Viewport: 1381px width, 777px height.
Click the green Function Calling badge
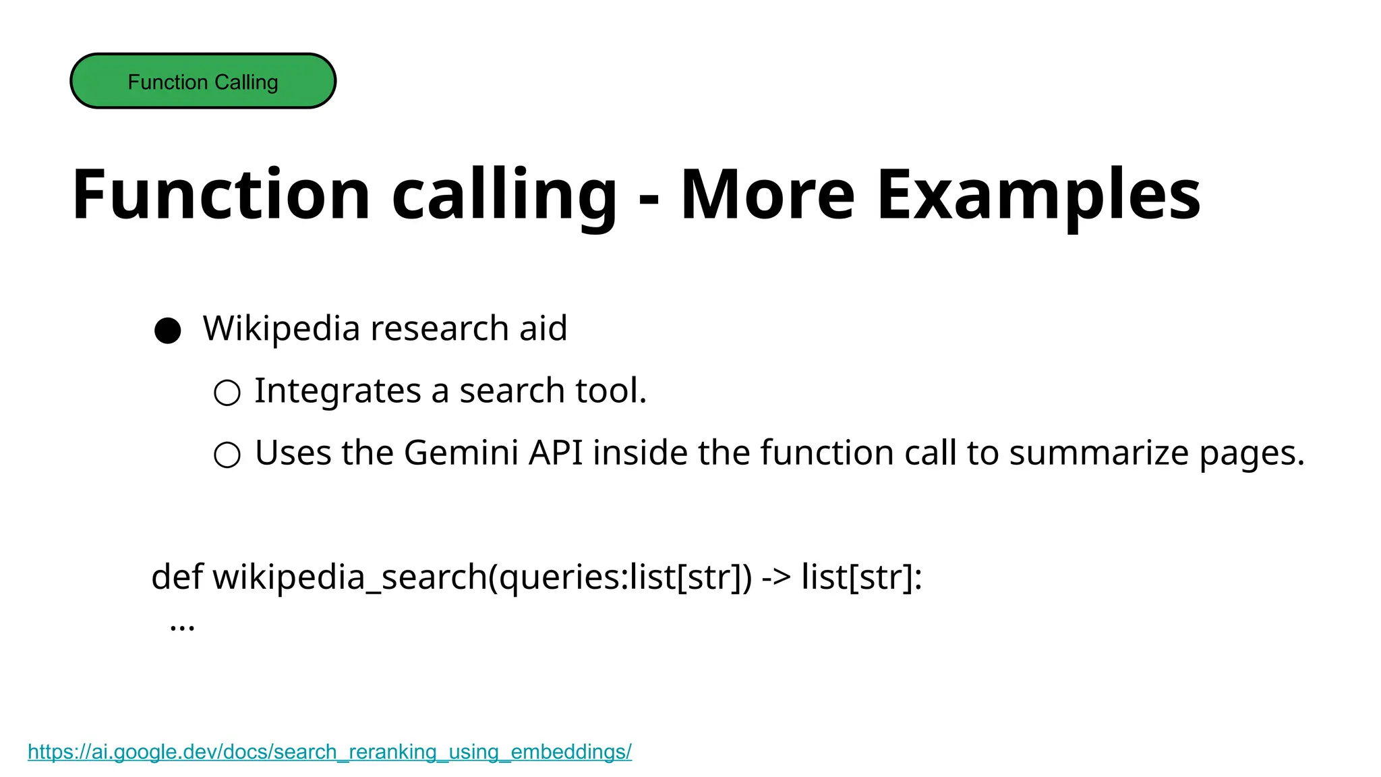(x=203, y=81)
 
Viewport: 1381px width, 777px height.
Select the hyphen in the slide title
(x=649, y=200)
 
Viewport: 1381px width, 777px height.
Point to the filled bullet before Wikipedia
(x=168, y=330)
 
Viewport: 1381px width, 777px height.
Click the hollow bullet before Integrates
(x=227, y=393)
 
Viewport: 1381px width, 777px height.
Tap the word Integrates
(x=338, y=391)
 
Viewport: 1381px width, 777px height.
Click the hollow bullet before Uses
(x=227, y=455)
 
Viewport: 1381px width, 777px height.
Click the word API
(x=556, y=453)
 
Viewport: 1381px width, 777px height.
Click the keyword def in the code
(x=177, y=577)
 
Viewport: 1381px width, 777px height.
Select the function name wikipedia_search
(x=350, y=577)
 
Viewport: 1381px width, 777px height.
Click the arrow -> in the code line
(x=776, y=577)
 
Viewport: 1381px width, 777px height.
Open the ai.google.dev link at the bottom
(x=330, y=751)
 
